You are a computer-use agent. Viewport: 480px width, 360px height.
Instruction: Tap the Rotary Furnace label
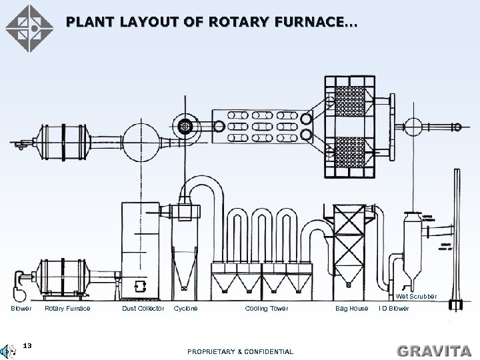point(67,309)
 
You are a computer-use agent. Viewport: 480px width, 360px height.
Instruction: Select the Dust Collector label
point(143,309)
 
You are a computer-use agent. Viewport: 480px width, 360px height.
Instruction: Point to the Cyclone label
point(185,309)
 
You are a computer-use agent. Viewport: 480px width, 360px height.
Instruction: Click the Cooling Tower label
point(267,309)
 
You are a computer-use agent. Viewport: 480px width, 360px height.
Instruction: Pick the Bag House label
point(351,309)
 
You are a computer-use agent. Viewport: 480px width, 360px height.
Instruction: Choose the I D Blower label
point(394,309)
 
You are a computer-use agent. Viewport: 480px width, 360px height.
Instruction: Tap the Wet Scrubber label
point(417,296)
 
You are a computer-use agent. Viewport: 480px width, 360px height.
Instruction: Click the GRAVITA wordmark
point(433,349)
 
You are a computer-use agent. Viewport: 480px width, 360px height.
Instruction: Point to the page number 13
point(27,345)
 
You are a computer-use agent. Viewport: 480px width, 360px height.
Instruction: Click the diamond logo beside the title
point(29,28)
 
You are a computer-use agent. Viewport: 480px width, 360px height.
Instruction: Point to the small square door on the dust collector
point(139,286)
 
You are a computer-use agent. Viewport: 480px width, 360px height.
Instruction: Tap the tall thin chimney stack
point(457,240)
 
